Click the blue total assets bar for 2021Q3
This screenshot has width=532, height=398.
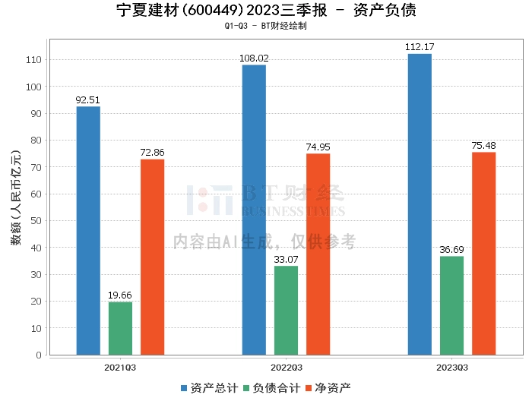[x=88, y=230]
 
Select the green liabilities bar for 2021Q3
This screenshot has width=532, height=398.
[x=120, y=328]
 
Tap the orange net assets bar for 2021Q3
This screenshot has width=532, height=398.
[x=152, y=257]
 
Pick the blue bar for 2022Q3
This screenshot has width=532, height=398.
[x=254, y=210]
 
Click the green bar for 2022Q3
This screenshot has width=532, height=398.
[x=286, y=310]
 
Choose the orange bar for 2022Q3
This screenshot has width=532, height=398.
[x=318, y=254]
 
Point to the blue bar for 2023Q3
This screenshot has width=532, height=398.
[x=420, y=204]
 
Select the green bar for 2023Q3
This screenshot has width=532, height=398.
[x=451, y=305]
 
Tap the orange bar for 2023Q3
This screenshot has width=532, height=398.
[x=483, y=253]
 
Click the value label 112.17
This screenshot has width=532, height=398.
[x=420, y=47]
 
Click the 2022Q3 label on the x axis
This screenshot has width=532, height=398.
[x=286, y=367]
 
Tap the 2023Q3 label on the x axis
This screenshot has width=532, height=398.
[x=451, y=367]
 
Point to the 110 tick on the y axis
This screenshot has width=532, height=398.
[x=33, y=60]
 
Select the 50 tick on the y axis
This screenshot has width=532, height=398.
[x=36, y=221]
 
